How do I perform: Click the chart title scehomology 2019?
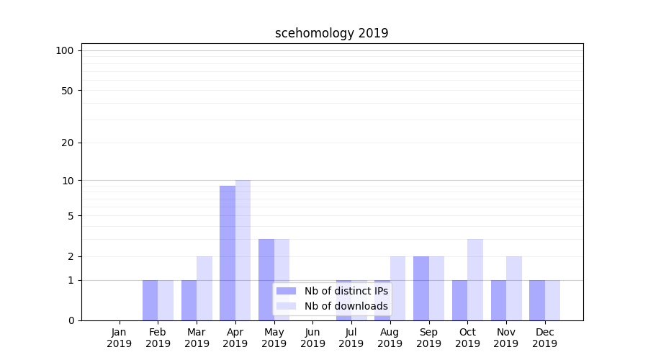click(x=331, y=33)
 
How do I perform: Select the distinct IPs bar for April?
click(x=228, y=253)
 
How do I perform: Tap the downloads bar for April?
click(x=243, y=250)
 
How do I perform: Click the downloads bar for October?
click(x=474, y=279)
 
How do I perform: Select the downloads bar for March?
click(x=204, y=288)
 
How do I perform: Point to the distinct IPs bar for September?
click(x=420, y=288)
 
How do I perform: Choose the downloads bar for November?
click(x=513, y=288)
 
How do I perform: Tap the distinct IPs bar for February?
click(x=150, y=300)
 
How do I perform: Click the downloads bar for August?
click(x=397, y=288)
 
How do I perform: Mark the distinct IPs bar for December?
click(x=536, y=300)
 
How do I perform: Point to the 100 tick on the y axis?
click(x=65, y=50)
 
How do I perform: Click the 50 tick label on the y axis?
click(x=68, y=91)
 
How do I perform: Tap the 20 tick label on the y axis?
click(x=68, y=143)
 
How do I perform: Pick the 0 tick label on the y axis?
click(x=71, y=320)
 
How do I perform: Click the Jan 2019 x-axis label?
click(x=120, y=338)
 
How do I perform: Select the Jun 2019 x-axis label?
click(x=312, y=338)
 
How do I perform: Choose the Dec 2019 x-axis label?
click(x=544, y=338)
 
